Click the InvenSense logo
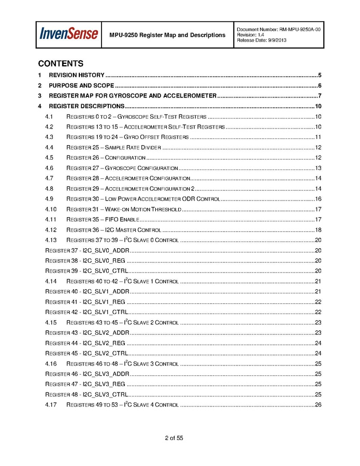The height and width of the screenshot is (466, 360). (69, 34)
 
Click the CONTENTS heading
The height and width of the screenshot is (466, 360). (61, 64)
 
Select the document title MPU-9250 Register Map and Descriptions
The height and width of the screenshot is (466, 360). (167, 35)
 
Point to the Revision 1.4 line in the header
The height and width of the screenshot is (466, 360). (252, 35)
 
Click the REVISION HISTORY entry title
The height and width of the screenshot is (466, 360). (77, 75)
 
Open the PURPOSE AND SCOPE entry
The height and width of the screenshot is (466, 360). (81, 86)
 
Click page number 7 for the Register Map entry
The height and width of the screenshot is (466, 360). (320, 96)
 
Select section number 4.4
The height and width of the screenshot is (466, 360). (50, 147)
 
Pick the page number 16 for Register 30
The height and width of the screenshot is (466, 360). (318, 199)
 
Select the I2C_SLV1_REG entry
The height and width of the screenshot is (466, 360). (85, 302)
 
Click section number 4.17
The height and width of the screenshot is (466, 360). (51, 404)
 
